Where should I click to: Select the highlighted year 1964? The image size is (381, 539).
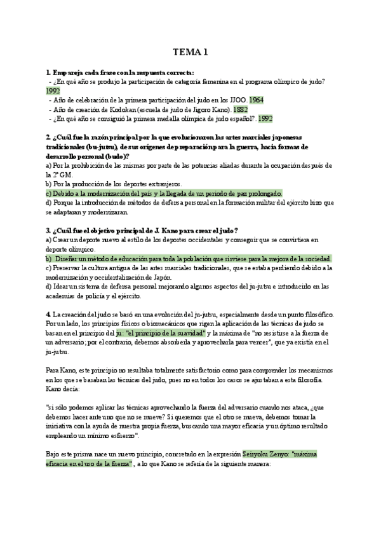257,100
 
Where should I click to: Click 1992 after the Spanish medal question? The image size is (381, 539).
265,118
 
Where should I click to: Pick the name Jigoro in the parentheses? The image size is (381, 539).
203,109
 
